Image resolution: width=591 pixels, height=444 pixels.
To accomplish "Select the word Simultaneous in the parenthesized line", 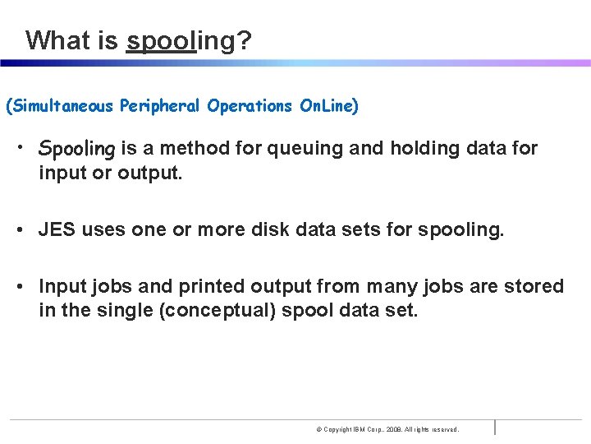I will click(x=62, y=106).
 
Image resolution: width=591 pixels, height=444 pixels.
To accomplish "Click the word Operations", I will click(x=249, y=106).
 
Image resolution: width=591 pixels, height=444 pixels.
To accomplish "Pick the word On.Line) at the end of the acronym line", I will click(x=328, y=106).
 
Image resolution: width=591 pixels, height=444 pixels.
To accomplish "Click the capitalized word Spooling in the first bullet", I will click(x=77, y=150).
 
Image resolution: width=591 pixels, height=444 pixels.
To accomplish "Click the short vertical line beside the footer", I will click(x=495, y=428).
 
